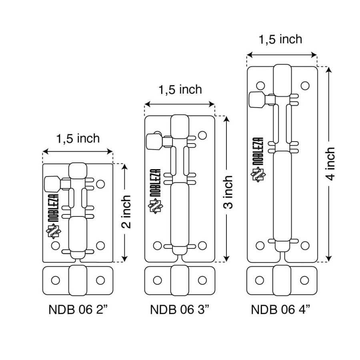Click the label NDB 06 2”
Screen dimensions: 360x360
tap(78, 309)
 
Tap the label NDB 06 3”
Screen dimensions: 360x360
tap(180, 309)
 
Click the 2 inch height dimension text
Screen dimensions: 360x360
tap(126, 212)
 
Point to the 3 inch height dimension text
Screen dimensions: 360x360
tap(228, 192)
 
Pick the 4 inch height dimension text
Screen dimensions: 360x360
tap(330, 164)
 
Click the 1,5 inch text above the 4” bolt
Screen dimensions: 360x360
tap(280, 39)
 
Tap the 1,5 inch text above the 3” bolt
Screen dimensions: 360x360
tap(180, 89)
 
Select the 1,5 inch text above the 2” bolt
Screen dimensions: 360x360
tap(78, 138)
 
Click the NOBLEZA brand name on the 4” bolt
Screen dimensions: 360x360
tap(258, 151)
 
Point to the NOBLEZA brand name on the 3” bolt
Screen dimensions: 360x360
tap(156, 183)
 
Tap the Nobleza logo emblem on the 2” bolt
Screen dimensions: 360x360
tap(54, 231)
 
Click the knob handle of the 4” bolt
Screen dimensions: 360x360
tap(257, 100)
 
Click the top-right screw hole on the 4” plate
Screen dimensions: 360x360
tap(305, 86)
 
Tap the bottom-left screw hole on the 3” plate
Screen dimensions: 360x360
tap(157, 246)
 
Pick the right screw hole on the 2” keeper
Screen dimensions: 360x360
tap(100, 280)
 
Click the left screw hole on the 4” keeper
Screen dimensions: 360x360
tap(260, 280)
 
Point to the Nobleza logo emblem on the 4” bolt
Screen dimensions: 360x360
tap(258, 176)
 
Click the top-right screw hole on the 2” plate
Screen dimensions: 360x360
tap(100, 184)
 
